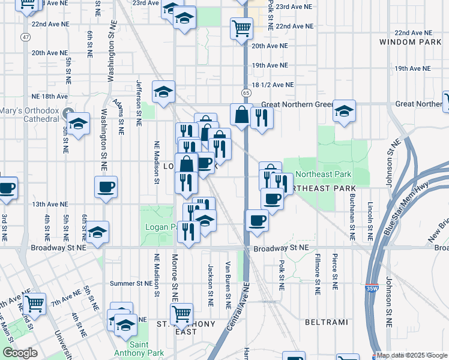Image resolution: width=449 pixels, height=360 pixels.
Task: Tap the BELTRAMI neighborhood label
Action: pos(326,322)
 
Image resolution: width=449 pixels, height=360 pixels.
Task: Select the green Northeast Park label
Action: pos(328,174)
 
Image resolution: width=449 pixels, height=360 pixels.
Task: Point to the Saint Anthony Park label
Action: pos(139,348)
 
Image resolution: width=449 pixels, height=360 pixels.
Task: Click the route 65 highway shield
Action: pos(246,93)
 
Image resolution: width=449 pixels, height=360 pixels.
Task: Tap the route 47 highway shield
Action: pos(25,37)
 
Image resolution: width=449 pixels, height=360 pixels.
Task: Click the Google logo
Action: pos(20,353)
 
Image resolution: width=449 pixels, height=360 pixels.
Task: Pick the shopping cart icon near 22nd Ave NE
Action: pos(241,28)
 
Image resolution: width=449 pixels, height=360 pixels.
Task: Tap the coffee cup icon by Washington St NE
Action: pos(106,187)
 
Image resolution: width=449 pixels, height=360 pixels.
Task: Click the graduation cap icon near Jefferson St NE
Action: pos(163,92)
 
